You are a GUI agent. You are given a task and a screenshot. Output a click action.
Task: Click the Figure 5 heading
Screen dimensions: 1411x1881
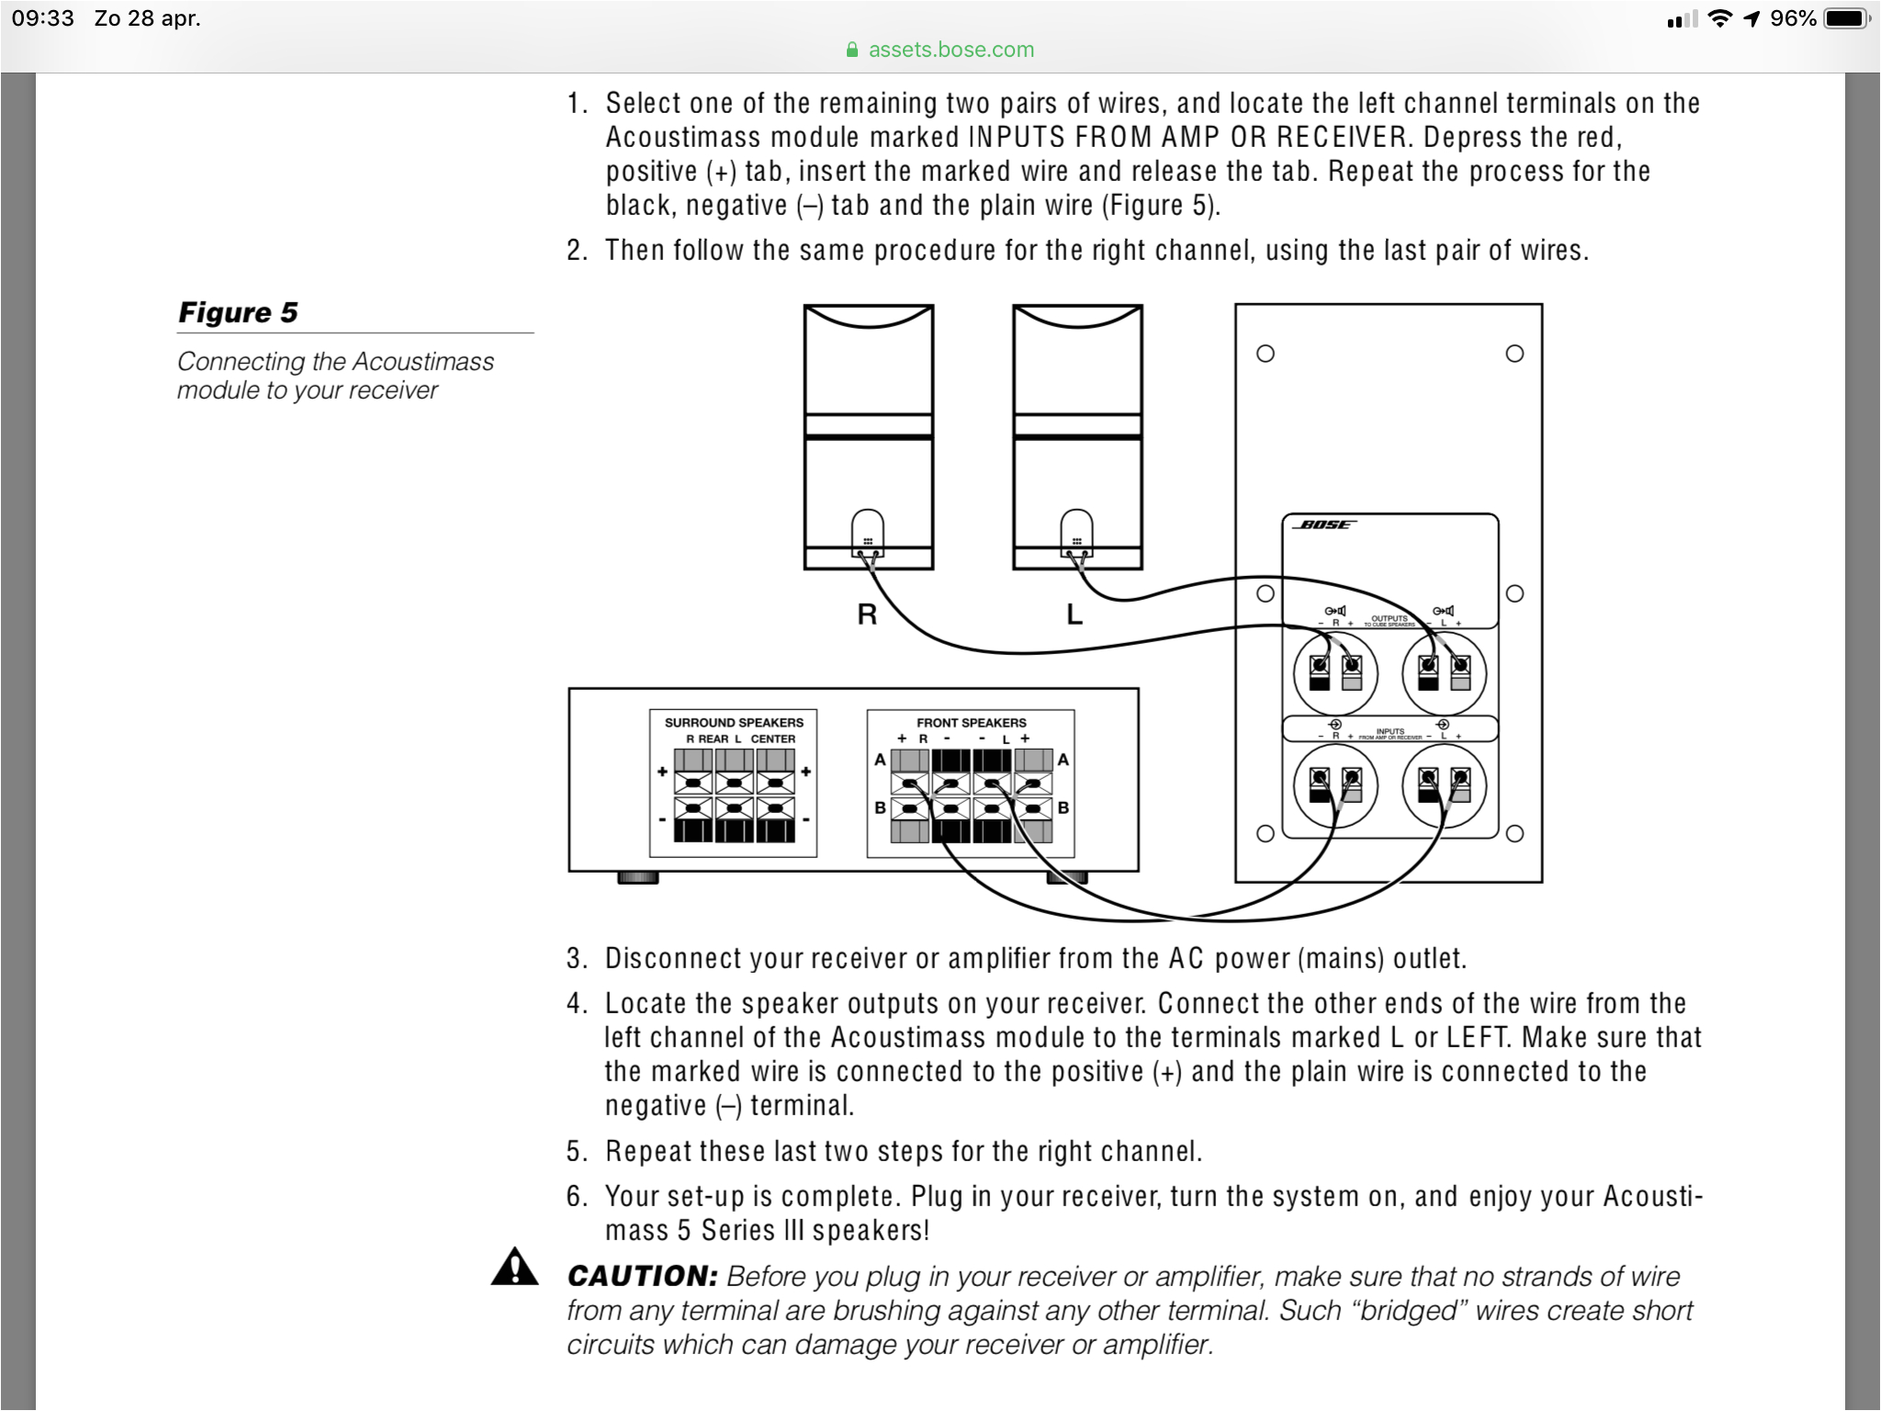coord(238,312)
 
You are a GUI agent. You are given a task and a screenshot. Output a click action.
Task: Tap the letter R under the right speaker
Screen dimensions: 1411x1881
coord(866,615)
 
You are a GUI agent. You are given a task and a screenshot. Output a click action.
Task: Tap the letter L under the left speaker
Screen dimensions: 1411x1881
coord(1074,615)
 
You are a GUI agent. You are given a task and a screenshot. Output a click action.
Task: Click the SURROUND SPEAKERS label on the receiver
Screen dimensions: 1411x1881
coord(733,723)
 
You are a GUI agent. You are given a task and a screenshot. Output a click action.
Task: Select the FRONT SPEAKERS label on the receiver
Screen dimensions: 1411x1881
coord(971,723)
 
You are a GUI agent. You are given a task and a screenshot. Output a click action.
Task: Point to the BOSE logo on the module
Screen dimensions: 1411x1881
coord(1324,525)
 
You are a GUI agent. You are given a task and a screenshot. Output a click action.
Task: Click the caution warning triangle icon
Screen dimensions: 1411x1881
coord(514,1267)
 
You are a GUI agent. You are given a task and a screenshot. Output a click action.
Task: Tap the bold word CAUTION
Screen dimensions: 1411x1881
coord(642,1276)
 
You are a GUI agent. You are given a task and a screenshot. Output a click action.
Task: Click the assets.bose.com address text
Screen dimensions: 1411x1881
coord(951,50)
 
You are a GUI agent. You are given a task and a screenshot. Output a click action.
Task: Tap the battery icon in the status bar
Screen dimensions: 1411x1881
coord(1847,18)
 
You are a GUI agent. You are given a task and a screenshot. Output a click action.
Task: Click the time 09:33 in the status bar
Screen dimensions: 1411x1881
coord(42,18)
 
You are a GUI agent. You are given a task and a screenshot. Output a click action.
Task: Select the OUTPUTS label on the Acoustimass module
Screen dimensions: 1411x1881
coord(1389,618)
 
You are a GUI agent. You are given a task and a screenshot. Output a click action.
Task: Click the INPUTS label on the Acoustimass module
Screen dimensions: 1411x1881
coord(1390,731)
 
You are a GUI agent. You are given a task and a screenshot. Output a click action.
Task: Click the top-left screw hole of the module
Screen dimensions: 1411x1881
coord(1265,354)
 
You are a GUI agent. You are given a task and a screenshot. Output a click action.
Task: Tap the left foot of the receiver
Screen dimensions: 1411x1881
coord(637,878)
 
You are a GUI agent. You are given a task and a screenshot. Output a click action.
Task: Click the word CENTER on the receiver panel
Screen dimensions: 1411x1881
coord(772,739)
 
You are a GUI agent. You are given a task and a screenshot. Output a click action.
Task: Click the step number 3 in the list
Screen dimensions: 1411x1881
coord(576,959)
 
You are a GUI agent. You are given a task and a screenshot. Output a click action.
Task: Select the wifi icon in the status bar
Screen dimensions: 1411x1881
coord(1719,18)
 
